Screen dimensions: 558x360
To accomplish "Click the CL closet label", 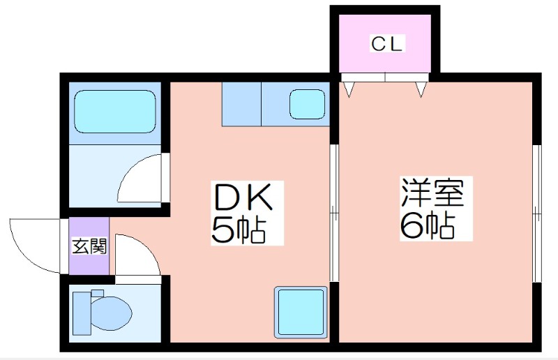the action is pyautogui.click(x=387, y=43).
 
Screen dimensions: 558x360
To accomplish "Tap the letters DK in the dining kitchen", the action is pyautogui.click(x=243, y=197).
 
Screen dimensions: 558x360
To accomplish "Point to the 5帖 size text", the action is pyautogui.click(x=239, y=229).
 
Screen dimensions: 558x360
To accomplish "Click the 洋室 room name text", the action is pyautogui.click(x=432, y=193).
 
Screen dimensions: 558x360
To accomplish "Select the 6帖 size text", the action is pyautogui.click(x=428, y=225).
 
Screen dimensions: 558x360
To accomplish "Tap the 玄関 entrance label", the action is pyautogui.click(x=89, y=246).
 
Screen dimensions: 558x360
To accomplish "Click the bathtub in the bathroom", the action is pyautogui.click(x=115, y=112).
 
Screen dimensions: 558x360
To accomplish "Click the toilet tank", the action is pyautogui.click(x=82, y=313).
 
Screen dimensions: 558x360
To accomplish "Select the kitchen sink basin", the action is pyautogui.click(x=307, y=104).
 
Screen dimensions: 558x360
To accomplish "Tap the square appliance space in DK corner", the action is pyautogui.click(x=301, y=312).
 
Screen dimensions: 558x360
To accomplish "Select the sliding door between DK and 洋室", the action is pyautogui.click(x=334, y=213).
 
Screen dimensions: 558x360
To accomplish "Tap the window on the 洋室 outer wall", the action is pyautogui.click(x=537, y=213).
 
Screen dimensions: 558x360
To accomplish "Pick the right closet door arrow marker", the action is pyautogui.click(x=421, y=89).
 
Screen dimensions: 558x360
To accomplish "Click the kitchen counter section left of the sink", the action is pyautogui.click(x=241, y=104).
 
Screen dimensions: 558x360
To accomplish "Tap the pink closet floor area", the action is pyautogui.click(x=385, y=44).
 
